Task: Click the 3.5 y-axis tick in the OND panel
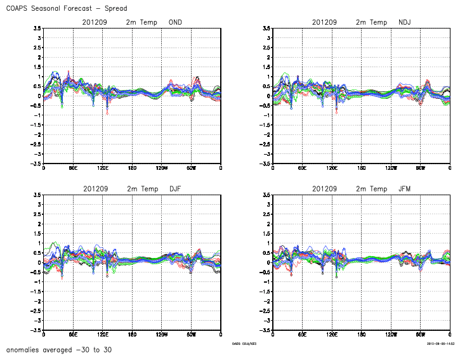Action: click(37, 28)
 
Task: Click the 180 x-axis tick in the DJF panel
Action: click(132, 334)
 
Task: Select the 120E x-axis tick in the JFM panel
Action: click(332, 334)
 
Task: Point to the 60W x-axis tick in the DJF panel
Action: click(191, 334)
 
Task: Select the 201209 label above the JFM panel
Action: click(325, 189)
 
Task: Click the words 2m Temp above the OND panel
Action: click(141, 22)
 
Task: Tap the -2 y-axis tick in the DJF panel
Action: click(37, 301)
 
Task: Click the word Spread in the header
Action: click(114, 8)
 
